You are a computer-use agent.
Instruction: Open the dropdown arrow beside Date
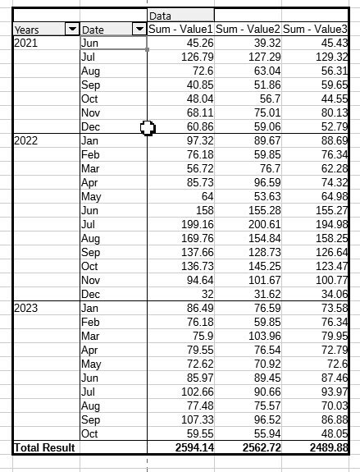tap(139, 30)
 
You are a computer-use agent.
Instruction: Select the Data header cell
tap(180, 16)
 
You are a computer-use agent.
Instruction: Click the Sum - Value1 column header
tap(180, 30)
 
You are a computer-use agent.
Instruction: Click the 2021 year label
tap(26, 43)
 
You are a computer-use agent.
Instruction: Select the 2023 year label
tap(26, 307)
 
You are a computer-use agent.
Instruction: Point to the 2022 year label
tap(26, 140)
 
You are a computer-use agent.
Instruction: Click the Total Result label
tap(44, 447)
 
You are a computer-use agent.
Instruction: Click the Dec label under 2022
tap(91, 294)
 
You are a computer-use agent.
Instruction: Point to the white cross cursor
tap(148, 127)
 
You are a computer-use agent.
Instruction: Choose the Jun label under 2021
tap(90, 44)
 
